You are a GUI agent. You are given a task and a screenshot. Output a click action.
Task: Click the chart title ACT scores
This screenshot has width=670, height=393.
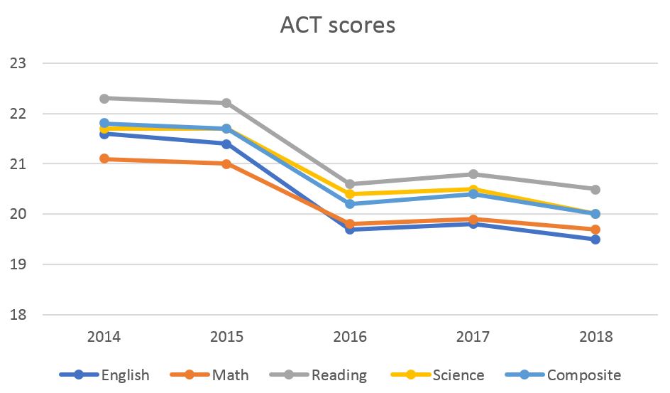pos(337,26)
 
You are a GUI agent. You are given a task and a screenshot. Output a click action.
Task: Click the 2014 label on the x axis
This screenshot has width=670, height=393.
pos(104,337)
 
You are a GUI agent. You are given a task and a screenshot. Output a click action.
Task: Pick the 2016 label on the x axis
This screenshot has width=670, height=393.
pos(350,337)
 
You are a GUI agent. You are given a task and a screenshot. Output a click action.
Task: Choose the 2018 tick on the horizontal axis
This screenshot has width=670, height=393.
pos(595,337)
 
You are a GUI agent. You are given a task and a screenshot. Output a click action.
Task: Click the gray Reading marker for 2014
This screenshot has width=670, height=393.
pos(104,98)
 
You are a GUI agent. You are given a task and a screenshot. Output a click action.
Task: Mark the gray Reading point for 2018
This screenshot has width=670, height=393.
pos(595,189)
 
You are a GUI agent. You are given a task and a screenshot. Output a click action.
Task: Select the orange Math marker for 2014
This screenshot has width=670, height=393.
pos(104,158)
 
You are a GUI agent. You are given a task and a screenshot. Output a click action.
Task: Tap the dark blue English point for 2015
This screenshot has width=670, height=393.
pos(226,144)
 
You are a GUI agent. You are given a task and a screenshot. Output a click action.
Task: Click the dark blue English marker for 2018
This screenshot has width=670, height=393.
pos(595,239)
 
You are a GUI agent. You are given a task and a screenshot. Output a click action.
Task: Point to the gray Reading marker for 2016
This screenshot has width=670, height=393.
pos(350,184)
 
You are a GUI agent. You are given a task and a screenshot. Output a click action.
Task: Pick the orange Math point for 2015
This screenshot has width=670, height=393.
pos(226,163)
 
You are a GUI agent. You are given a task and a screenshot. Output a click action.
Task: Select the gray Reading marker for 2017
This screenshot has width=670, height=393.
pos(473,174)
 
